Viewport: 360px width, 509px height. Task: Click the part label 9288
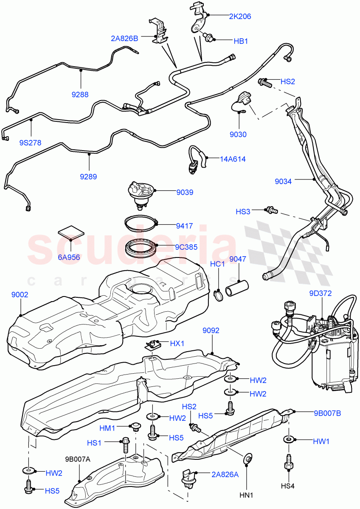coord(80,95)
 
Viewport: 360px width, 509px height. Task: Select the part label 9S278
coord(30,143)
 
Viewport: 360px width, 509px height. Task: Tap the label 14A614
coord(233,159)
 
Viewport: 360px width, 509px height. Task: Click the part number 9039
coord(185,193)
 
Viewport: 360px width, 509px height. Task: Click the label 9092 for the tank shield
coord(211,330)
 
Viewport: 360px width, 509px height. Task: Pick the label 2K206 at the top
coord(240,17)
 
